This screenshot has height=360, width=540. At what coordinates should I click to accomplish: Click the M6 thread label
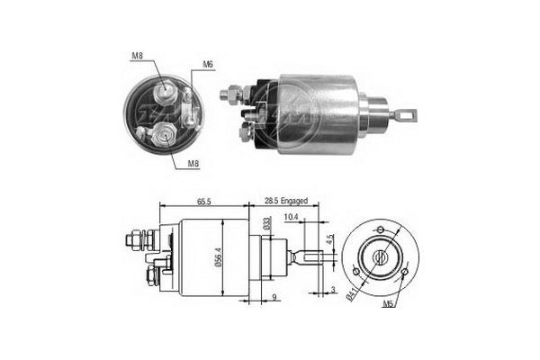[x=208, y=64]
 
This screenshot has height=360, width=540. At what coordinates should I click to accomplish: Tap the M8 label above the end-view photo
[x=136, y=57]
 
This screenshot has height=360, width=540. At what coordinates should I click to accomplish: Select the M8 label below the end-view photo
[x=193, y=163]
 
